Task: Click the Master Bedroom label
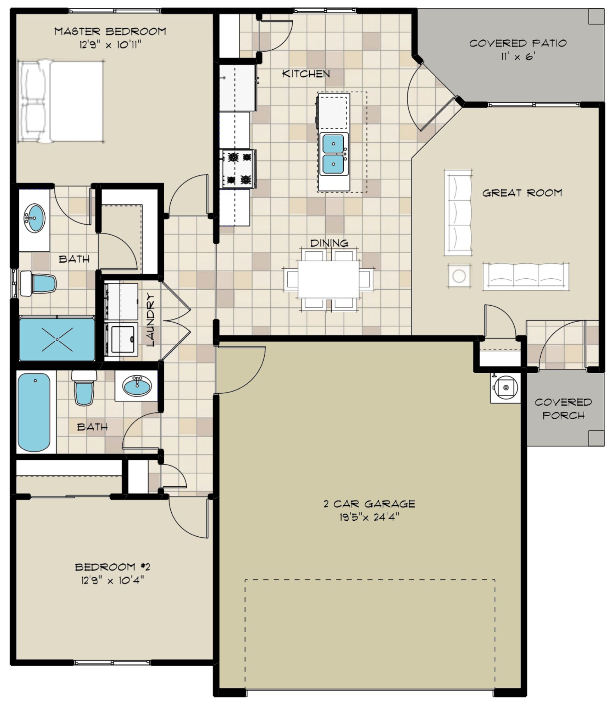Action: tap(110, 32)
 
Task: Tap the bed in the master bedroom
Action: tap(61, 102)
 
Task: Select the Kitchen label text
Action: tap(306, 74)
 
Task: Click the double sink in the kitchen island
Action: tap(333, 154)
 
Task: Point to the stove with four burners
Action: tap(238, 169)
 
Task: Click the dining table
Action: tap(328, 280)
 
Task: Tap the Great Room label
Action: tap(522, 193)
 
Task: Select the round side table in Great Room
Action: tap(459, 275)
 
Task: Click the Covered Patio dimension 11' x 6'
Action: tap(518, 57)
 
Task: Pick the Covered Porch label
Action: tap(563, 409)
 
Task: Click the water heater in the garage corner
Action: tap(505, 387)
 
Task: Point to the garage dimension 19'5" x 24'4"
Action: tap(369, 517)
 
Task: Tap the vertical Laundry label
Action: tap(151, 320)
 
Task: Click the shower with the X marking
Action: tap(57, 339)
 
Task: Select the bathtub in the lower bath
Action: tap(34, 412)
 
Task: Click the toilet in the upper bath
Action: tap(38, 284)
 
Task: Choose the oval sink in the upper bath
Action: tap(34, 218)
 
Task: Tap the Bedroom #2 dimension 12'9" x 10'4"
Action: tap(112, 580)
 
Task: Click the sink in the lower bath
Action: tap(137, 386)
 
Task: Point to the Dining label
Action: tap(329, 243)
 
